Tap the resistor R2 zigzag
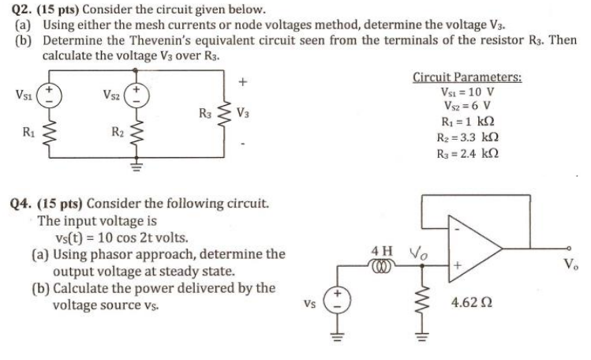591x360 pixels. (x=137, y=134)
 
